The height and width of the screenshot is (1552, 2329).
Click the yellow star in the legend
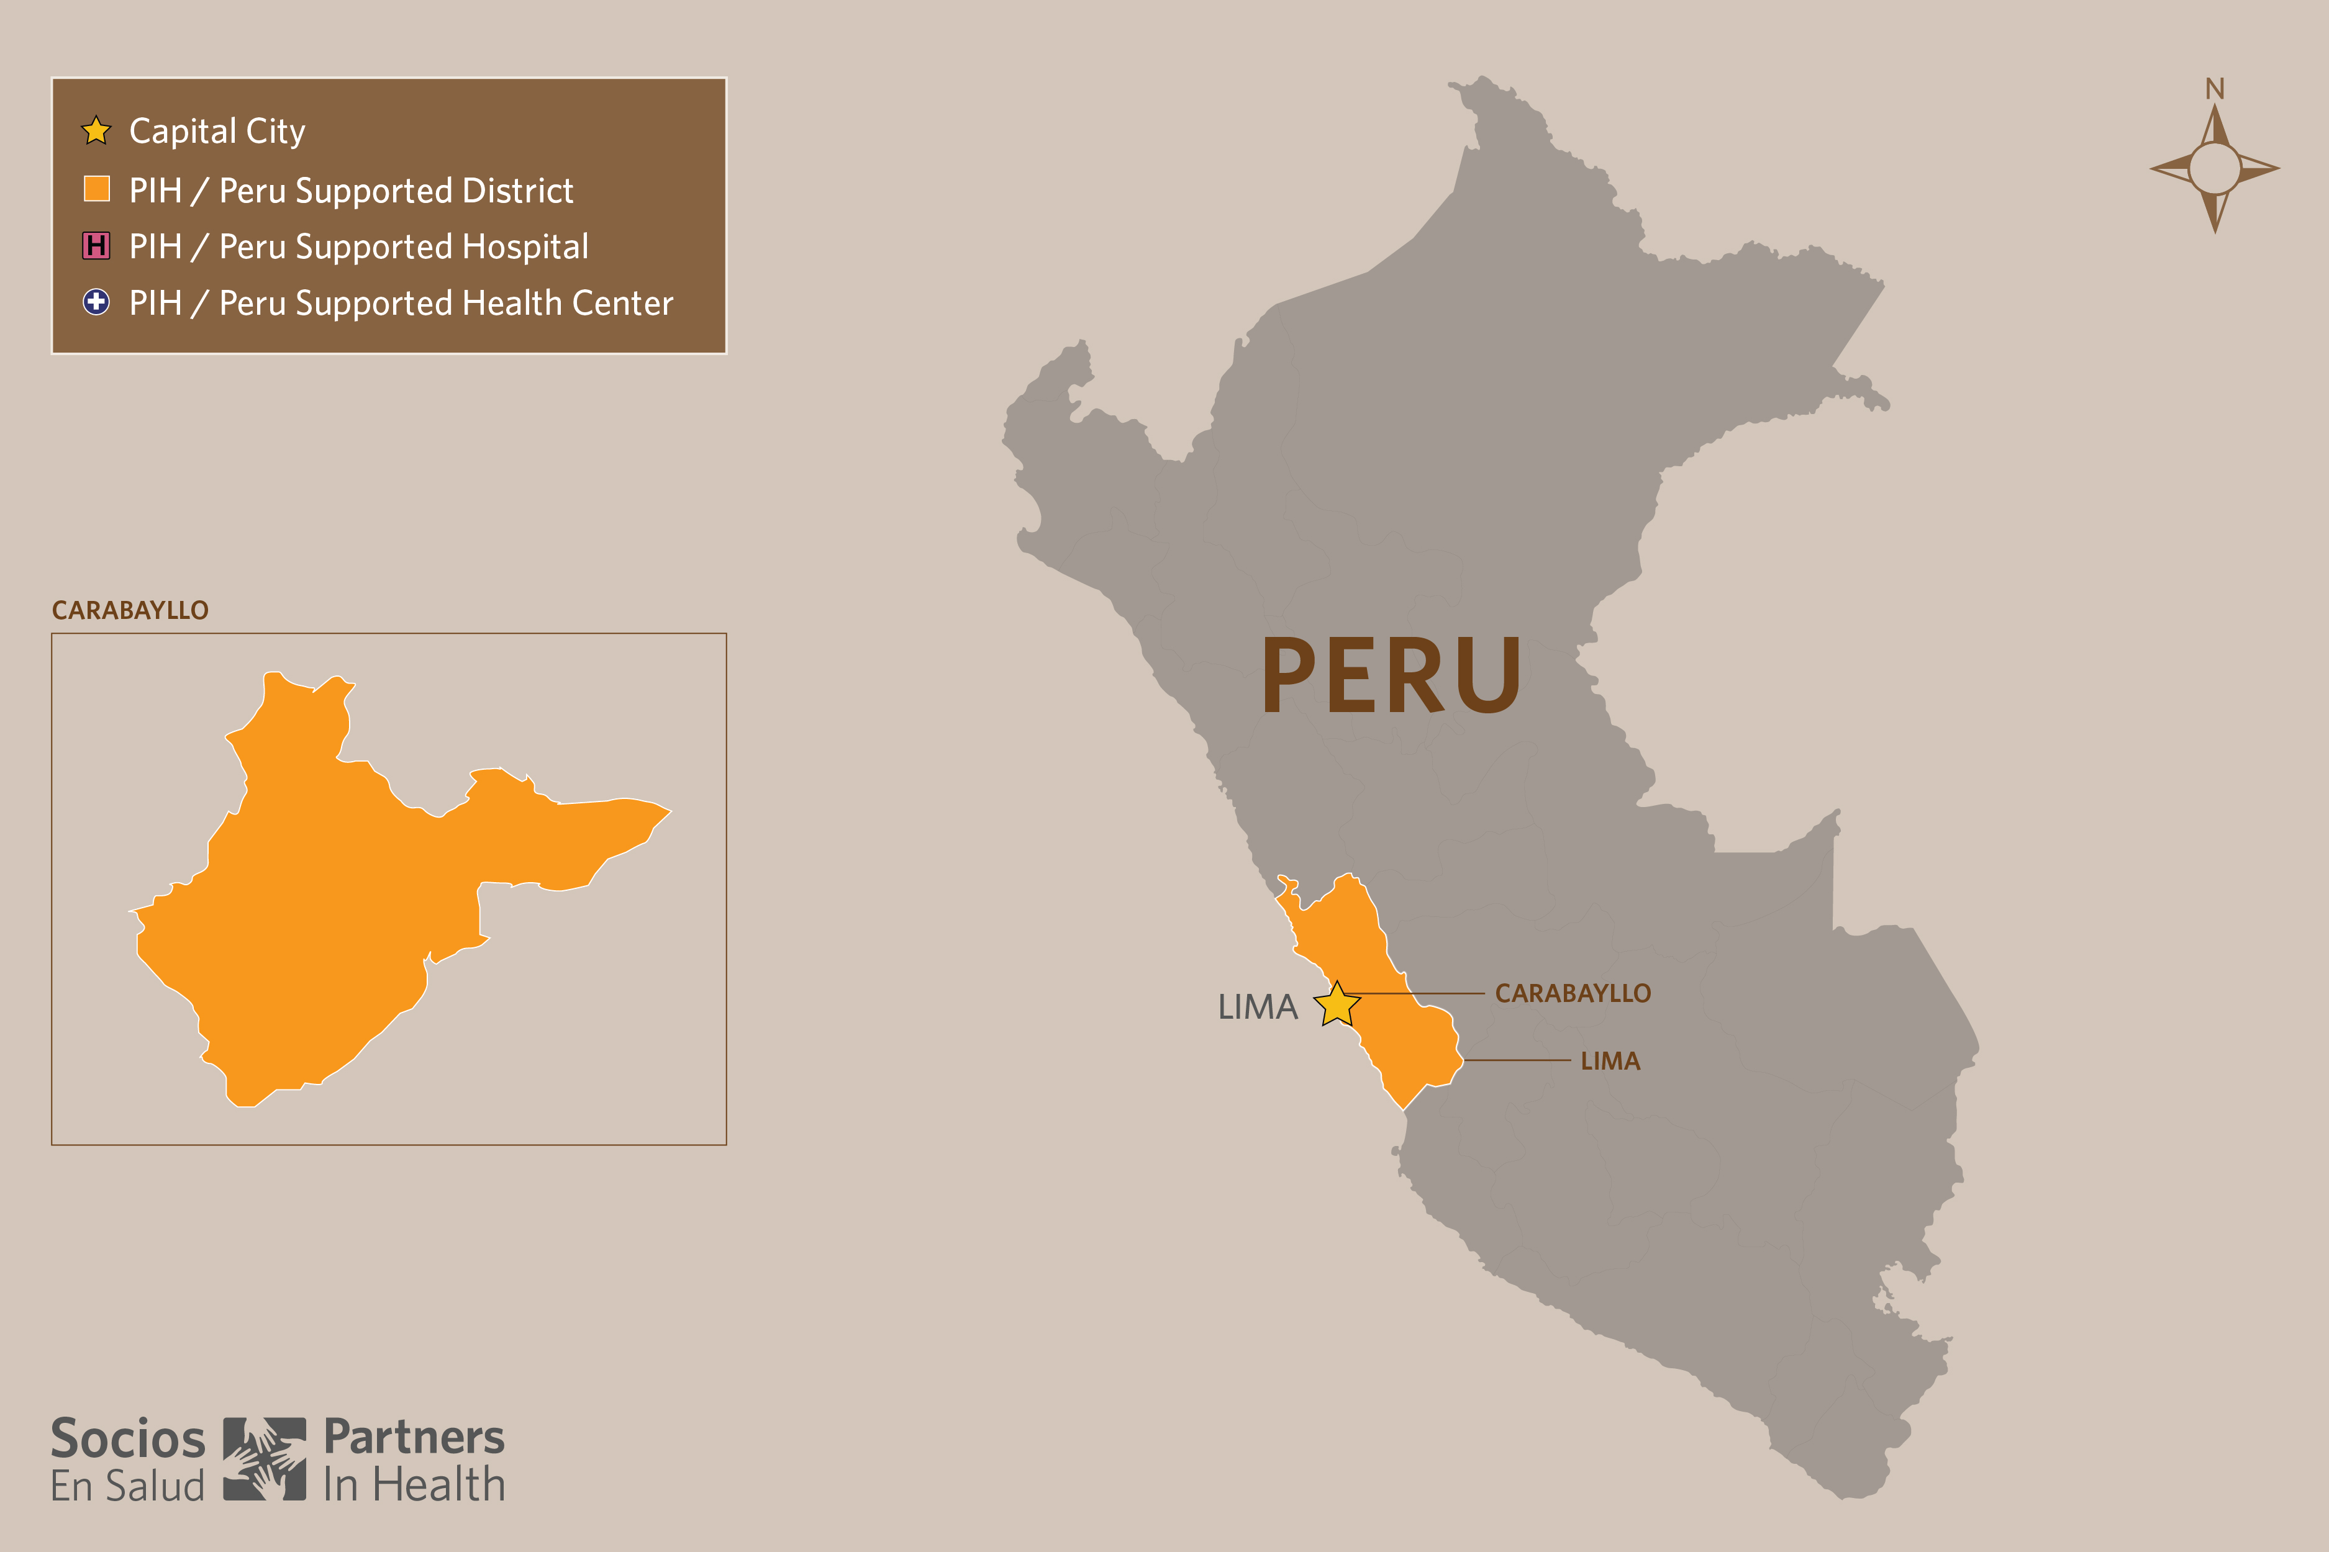(96, 130)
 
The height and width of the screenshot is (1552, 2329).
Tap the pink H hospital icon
(96, 245)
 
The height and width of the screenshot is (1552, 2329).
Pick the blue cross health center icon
(96, 302)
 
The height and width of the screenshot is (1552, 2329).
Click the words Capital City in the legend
(217, 130)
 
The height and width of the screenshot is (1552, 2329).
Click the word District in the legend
(517, 190)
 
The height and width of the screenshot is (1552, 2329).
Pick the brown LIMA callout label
(1610, 1061)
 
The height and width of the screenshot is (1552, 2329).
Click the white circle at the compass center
(2214, 168)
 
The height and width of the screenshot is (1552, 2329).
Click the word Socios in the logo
(128, 1438)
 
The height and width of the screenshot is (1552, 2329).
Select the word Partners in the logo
(414, 1437)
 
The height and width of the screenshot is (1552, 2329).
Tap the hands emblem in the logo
(265, 1458)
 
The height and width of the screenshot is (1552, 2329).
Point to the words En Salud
(128, 1486)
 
